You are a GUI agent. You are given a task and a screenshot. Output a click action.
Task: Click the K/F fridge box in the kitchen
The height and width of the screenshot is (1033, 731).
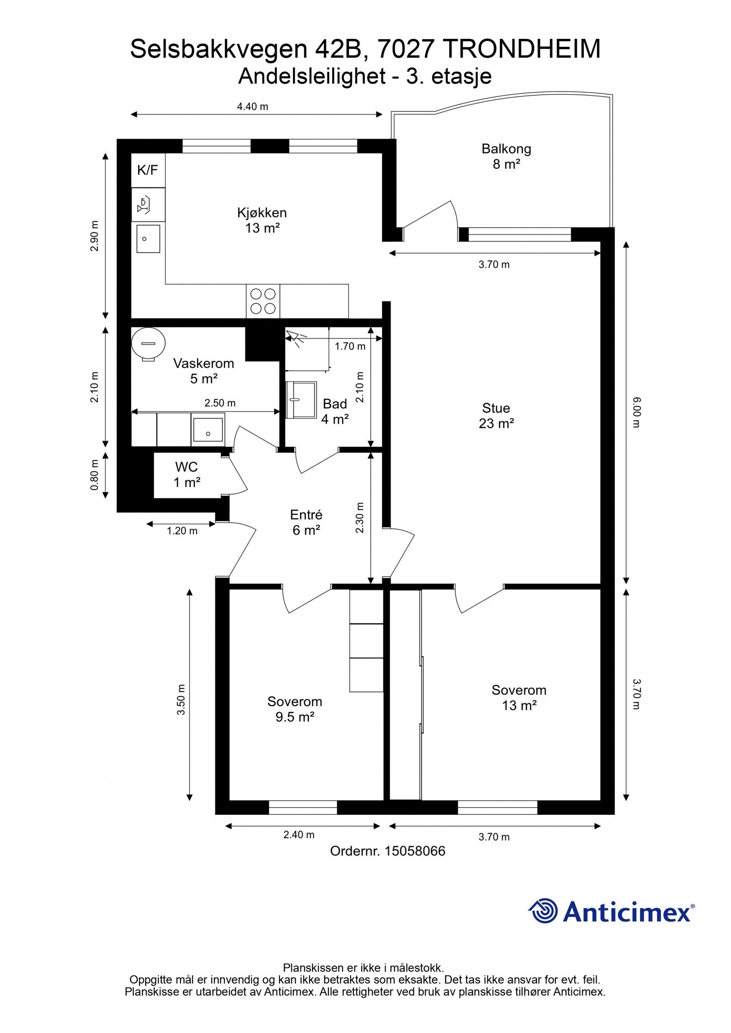point(148,170)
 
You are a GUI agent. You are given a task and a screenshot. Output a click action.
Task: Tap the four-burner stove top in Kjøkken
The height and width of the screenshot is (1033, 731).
point(263,301)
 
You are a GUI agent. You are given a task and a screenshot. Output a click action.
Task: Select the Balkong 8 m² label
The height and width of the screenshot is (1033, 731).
point(506,156)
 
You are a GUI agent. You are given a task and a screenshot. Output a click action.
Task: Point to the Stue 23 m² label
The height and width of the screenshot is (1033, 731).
point(496,415)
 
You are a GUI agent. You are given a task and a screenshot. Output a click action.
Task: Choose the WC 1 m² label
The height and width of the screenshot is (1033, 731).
point(187,474)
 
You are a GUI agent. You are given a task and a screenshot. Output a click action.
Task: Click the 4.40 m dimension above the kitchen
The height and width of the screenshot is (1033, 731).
point(252,107)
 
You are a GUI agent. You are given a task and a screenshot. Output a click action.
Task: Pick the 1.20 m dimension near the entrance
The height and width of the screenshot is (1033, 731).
point(182,531)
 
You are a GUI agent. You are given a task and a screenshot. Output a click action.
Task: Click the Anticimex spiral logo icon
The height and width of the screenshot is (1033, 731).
point(543,911)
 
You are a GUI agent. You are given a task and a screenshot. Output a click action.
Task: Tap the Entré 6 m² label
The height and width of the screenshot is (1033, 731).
point(306,522)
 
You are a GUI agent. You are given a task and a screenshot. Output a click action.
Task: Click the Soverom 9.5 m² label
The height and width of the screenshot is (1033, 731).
point(295,709)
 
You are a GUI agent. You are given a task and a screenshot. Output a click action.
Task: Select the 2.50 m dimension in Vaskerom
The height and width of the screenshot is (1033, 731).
point(220,403)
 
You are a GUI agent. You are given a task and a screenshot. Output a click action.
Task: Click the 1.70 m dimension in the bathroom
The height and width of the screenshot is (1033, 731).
point(350,346)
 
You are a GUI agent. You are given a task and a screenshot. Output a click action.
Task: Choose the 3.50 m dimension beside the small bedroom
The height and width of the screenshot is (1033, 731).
point(181,700)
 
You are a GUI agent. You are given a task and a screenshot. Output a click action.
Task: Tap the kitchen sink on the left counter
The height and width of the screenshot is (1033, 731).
point(148,239)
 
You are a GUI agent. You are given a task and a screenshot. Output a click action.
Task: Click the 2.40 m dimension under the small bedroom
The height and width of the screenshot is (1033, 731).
point(299,835)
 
